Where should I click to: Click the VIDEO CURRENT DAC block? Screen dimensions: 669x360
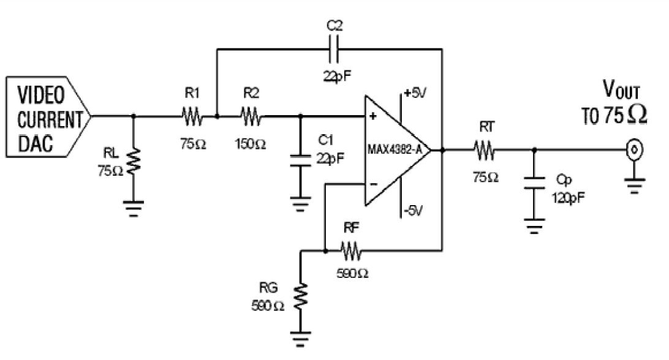(x=48, y=116)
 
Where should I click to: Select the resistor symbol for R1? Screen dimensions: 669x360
(x=192, y=116)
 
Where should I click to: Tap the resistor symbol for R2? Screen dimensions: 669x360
(x=251, y=116)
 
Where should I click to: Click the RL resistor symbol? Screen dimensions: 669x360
(x=134, y=160)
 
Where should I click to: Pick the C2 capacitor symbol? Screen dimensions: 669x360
(x=334, y=49)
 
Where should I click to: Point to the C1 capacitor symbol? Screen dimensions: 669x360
(x=300, y=161)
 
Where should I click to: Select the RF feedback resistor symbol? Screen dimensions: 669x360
(x=351, y=251)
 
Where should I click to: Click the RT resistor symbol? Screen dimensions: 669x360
(x=484, y=150)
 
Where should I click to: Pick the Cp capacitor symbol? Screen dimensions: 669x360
(x=534, y=182)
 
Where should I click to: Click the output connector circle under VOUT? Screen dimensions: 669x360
(x=635, y=150)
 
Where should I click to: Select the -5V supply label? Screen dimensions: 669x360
(x=412, y=210)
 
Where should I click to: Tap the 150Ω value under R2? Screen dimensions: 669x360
(x=251, y=144)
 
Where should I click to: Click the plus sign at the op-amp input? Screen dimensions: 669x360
(x=372, y=116)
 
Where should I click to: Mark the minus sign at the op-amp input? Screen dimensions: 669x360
(x=373, y=184)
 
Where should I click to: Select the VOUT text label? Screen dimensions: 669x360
(x=621, y=89)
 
